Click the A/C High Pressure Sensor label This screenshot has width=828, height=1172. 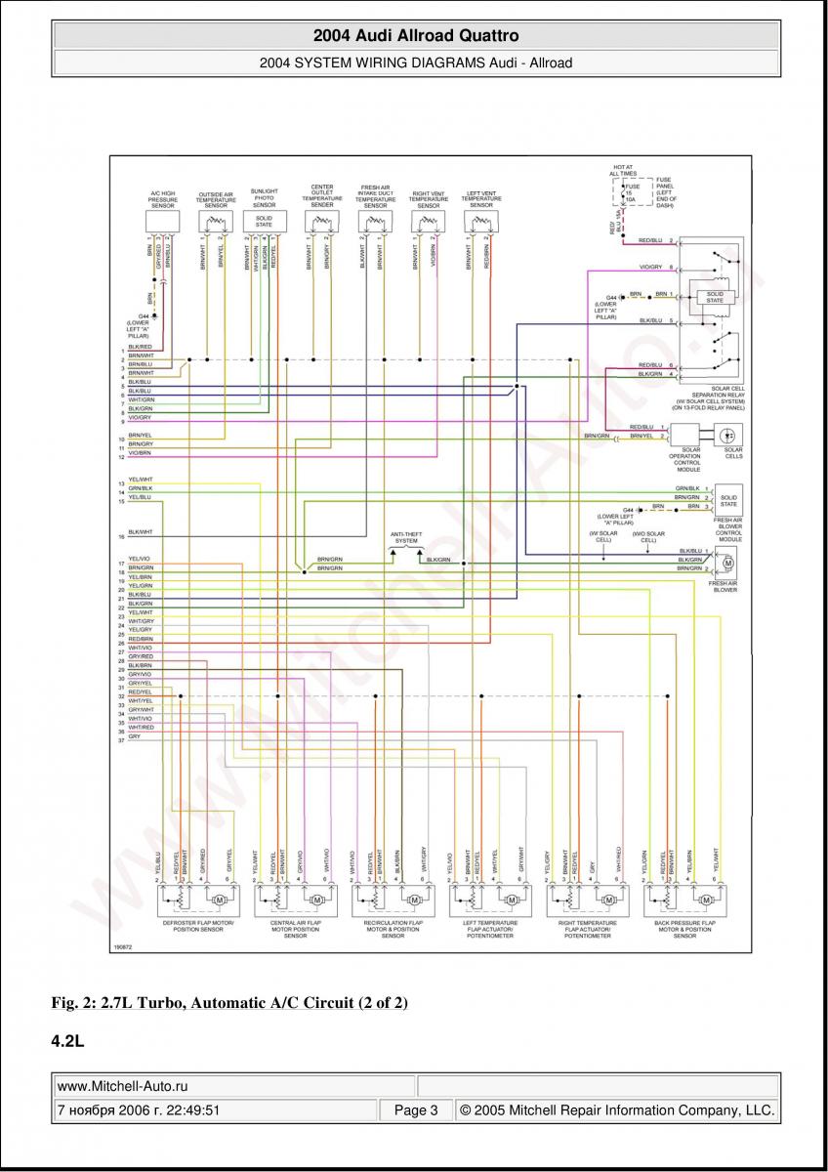163,199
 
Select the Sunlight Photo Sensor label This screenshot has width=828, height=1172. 265,197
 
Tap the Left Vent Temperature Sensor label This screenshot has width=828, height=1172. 481,199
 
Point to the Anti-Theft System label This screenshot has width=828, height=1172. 405,537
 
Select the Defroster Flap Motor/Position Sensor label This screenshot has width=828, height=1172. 197,925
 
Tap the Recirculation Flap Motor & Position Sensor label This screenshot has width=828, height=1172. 393,929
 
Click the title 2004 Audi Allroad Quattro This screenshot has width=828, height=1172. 415,36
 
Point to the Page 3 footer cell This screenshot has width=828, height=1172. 416,1110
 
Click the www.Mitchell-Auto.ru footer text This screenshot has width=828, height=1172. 123,1085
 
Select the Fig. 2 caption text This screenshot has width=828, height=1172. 229,1003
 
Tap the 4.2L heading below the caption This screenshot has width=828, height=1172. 67,1041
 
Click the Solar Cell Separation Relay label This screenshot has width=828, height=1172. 710,400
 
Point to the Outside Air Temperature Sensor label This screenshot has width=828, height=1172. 216,199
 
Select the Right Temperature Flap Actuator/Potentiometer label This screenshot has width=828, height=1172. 587,929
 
